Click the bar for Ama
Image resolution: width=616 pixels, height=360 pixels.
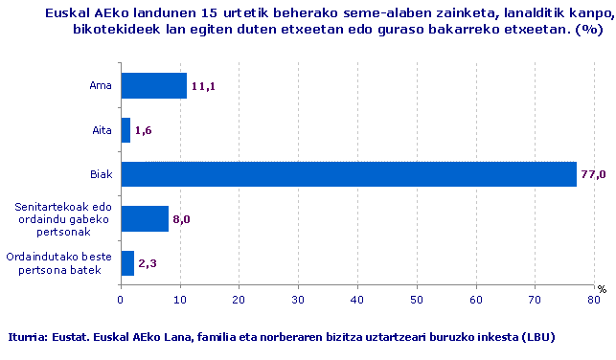click(153, 86)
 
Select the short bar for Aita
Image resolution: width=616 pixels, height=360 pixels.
click(125, 130)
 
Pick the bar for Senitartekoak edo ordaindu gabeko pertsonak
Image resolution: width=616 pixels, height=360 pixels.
click(145, 218)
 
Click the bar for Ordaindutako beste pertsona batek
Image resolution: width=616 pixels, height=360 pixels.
click(127, 262)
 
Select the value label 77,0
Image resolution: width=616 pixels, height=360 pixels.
click(593, 175)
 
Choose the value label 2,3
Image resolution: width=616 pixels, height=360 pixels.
click(148, 263)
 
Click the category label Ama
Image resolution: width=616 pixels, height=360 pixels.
click(101, 86)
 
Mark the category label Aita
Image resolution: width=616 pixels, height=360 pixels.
click(101, 130)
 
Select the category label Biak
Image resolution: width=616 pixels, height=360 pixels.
click(100, 174)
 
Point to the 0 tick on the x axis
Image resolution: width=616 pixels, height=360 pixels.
click(121, 300)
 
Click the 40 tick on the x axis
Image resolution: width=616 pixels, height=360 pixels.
click(357, 300)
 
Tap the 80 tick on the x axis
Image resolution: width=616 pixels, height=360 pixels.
click(594, 300)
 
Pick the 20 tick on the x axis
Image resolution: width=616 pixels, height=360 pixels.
click(239, 300)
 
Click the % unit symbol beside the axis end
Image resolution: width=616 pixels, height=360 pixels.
click(602, 288)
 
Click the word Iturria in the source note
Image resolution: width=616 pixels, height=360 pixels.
click(27, 337)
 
